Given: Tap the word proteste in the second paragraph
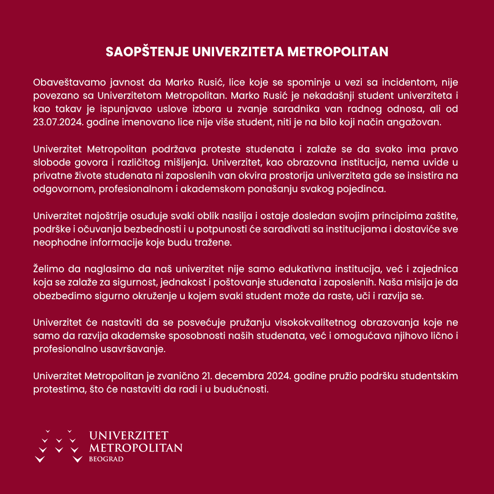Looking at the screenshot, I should tap(220, 150).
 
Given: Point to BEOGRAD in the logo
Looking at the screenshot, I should tap(106, 459).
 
